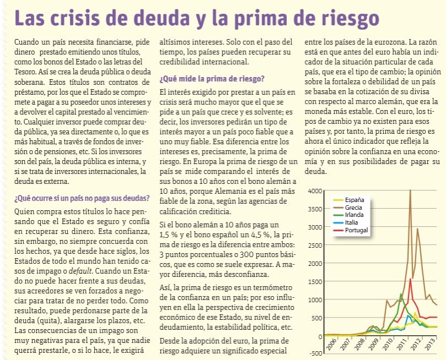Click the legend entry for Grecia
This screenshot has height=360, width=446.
coord(353,207)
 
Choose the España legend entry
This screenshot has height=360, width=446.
coord(353,199)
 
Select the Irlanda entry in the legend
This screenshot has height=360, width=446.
coord(354,215)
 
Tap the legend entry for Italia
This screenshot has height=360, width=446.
coord(351,222)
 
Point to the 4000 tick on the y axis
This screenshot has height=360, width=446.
coord(314,191)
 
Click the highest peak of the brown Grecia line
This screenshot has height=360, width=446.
coord(410,191)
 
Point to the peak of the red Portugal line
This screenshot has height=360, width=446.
coord(410,279)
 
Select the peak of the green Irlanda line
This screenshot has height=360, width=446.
coord(401,294)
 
